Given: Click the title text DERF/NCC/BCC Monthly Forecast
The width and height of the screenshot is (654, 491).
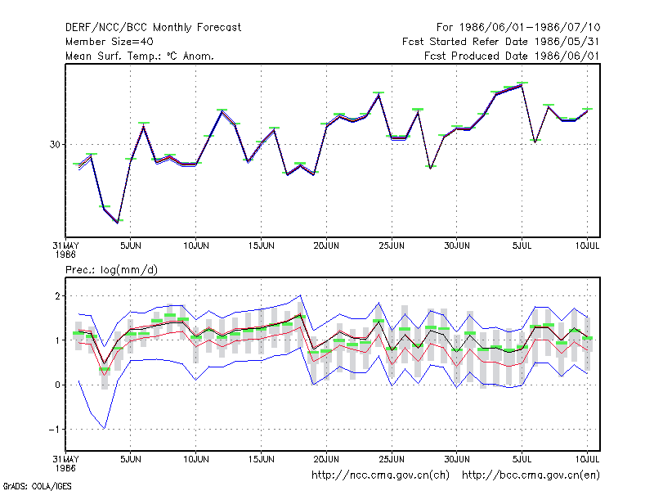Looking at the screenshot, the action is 153,28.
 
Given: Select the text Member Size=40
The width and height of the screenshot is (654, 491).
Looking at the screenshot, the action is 110,42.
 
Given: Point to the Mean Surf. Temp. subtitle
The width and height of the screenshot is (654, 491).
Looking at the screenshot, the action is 139,56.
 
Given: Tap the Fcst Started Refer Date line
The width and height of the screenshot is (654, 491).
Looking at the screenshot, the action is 501,42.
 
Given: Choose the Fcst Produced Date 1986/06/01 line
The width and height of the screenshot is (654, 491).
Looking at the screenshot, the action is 512,56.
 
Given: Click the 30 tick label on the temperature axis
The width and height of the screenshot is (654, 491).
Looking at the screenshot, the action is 55,145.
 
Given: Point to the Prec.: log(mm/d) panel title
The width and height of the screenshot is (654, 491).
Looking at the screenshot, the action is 111,270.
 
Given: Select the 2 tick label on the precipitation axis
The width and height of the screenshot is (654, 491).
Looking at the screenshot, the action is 57,296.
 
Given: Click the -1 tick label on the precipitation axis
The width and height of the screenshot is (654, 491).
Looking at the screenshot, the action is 55,429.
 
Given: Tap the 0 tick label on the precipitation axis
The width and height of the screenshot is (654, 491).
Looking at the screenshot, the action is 57,385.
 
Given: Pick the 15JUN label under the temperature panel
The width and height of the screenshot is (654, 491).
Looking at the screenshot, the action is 261,245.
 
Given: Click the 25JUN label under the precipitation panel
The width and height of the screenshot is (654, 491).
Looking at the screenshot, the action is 392,459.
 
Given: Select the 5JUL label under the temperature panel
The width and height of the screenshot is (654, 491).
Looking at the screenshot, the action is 522,245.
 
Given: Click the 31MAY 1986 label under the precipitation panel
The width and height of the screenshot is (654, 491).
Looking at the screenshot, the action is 65,463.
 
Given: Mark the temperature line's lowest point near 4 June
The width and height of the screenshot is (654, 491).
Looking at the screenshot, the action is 118,223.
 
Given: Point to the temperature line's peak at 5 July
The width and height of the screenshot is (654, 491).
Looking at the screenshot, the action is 522,85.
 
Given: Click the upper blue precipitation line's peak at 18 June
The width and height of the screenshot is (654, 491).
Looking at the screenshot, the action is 300,295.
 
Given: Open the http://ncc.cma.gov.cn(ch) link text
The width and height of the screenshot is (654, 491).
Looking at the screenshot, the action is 380,475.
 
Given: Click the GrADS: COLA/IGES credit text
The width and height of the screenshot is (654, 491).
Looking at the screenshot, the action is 37,486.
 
